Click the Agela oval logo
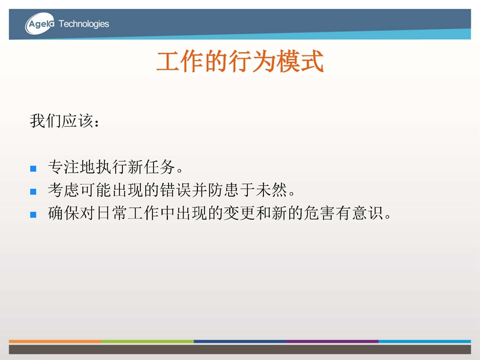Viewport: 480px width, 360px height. [40, 23]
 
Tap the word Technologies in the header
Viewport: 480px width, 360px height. [83, 24]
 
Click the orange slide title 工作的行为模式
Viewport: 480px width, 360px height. [240, 61]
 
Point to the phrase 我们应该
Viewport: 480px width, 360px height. [62, 121]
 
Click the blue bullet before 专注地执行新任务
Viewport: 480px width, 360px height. [34, 169]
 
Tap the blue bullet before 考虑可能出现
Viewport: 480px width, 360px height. [34, 191]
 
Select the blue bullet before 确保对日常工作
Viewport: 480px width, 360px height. [34, 215]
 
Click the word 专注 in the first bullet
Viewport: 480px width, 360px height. [64, 167]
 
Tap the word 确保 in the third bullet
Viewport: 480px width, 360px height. [64, 213]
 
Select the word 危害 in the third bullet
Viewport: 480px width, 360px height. [319, 213]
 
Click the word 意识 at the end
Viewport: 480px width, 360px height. [367, 213]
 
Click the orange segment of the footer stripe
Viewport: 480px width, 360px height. [55, 341]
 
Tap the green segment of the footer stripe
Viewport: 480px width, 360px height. [148, 341]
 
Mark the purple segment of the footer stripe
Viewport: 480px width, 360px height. [332, 341]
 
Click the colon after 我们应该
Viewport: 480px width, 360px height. [97, 122]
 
